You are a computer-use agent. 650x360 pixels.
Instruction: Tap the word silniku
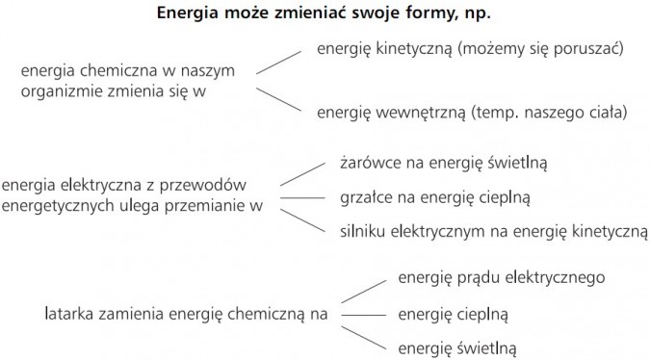[x=364, y=231]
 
